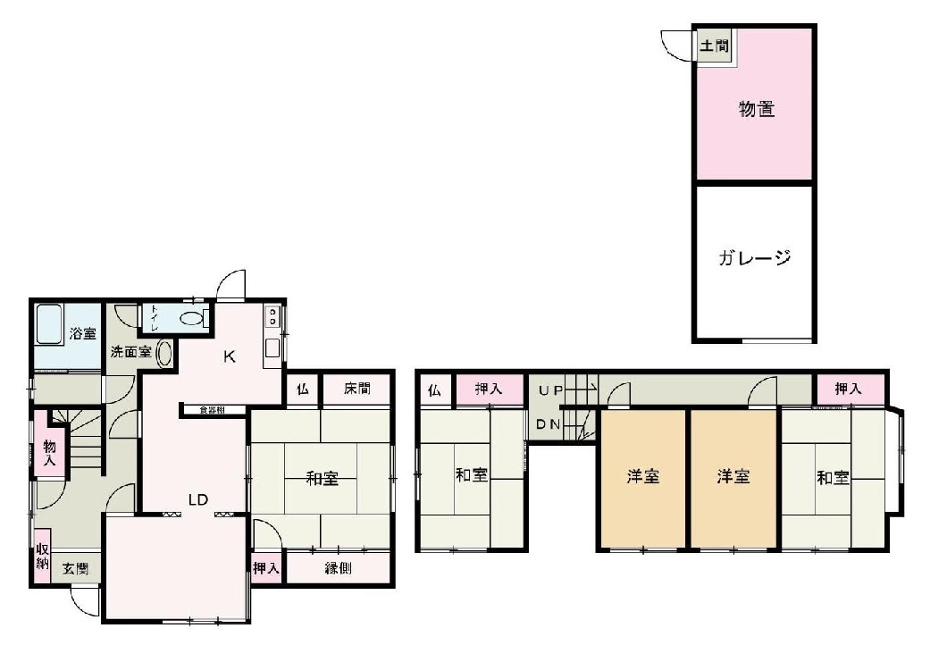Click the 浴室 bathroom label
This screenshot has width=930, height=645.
click(x=82, y=334)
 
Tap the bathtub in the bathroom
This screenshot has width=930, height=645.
click(x=48, y=337)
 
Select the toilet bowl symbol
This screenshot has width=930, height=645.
click(x=191, y=318)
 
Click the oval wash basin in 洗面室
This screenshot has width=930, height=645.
click(x=164, y=353)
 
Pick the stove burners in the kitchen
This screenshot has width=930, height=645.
click(x=272, y=316)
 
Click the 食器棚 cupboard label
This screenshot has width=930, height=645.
click(x=212, y=410)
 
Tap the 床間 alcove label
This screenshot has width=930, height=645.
click(x=355, y=390)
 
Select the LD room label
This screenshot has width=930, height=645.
click(x=197, y=499)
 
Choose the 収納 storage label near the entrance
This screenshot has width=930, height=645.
click(x=42, y=556)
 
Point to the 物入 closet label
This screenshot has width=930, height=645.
click(x=49, y=452)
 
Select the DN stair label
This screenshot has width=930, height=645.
click(x=549, y=424)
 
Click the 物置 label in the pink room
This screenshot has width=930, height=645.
click(x=756, y=110)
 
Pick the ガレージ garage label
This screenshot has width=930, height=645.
click(x=755, y=259)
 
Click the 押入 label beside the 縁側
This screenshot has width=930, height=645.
click(x=266, y=567)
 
